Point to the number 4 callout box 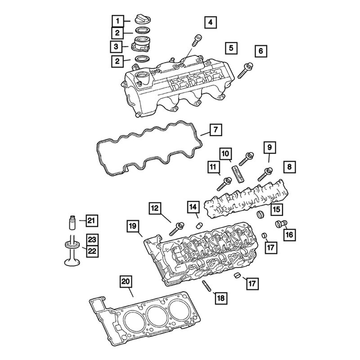pos(210,22)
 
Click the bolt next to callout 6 pos(230,47)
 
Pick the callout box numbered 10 pos(216,130)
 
